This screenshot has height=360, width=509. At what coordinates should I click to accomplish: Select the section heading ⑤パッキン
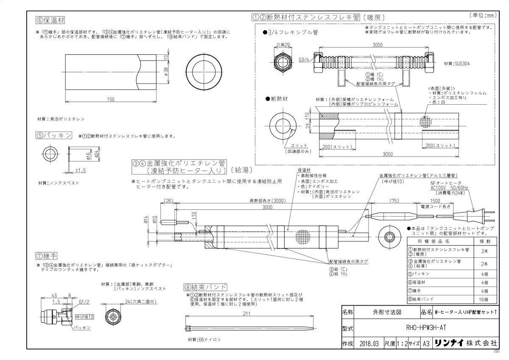coord(53,135)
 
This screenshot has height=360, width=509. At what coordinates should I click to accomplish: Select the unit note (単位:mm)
coord(484,15)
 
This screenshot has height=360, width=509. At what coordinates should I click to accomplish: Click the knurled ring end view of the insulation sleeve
coord(204,73)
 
